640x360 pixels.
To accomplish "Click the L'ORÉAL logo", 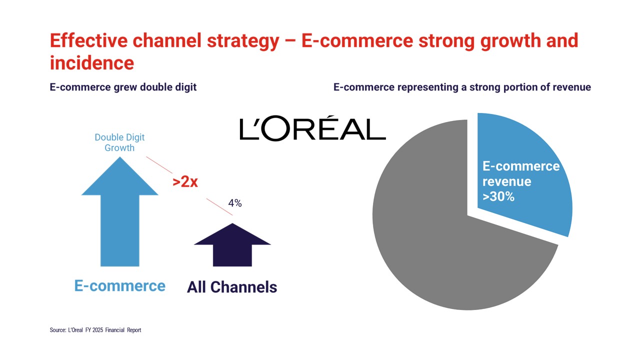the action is pyautogui.click(x=312, y=128).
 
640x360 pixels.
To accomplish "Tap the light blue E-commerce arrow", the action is pyautogui.click(x=119, y=211).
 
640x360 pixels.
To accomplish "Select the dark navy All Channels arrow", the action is pyautogui.click(x=232, y=245).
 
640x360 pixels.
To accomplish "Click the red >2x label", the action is pyautogui.click(x=185, y=181).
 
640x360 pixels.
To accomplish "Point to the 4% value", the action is pyautogui.click(x=235, y=203).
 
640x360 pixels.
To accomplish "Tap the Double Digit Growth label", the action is pyautogui.click(x=119, y=142).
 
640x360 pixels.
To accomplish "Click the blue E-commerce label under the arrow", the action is pyautogui.click(x=119, y=285).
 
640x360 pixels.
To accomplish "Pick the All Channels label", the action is pyautogui.click(x=232, y=287).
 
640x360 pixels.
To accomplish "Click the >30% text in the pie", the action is pyautogui.click(x=498, y=196).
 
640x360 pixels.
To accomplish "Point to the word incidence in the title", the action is pyautogui.click(x=92, y=63).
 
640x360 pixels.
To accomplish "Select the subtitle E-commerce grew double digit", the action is pyautogui.click(x=123, y=87).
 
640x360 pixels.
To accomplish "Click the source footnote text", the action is pyautogui.click(x=95, y=330).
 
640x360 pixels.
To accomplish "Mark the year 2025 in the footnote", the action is pyautogui.click(x=97, y=330).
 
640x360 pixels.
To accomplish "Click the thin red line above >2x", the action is pyautogui.click(x=159, y=165).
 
